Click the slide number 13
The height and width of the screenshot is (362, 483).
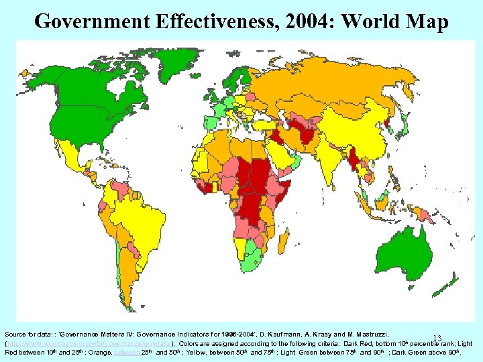pyautogui.click(x=437, y=339)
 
